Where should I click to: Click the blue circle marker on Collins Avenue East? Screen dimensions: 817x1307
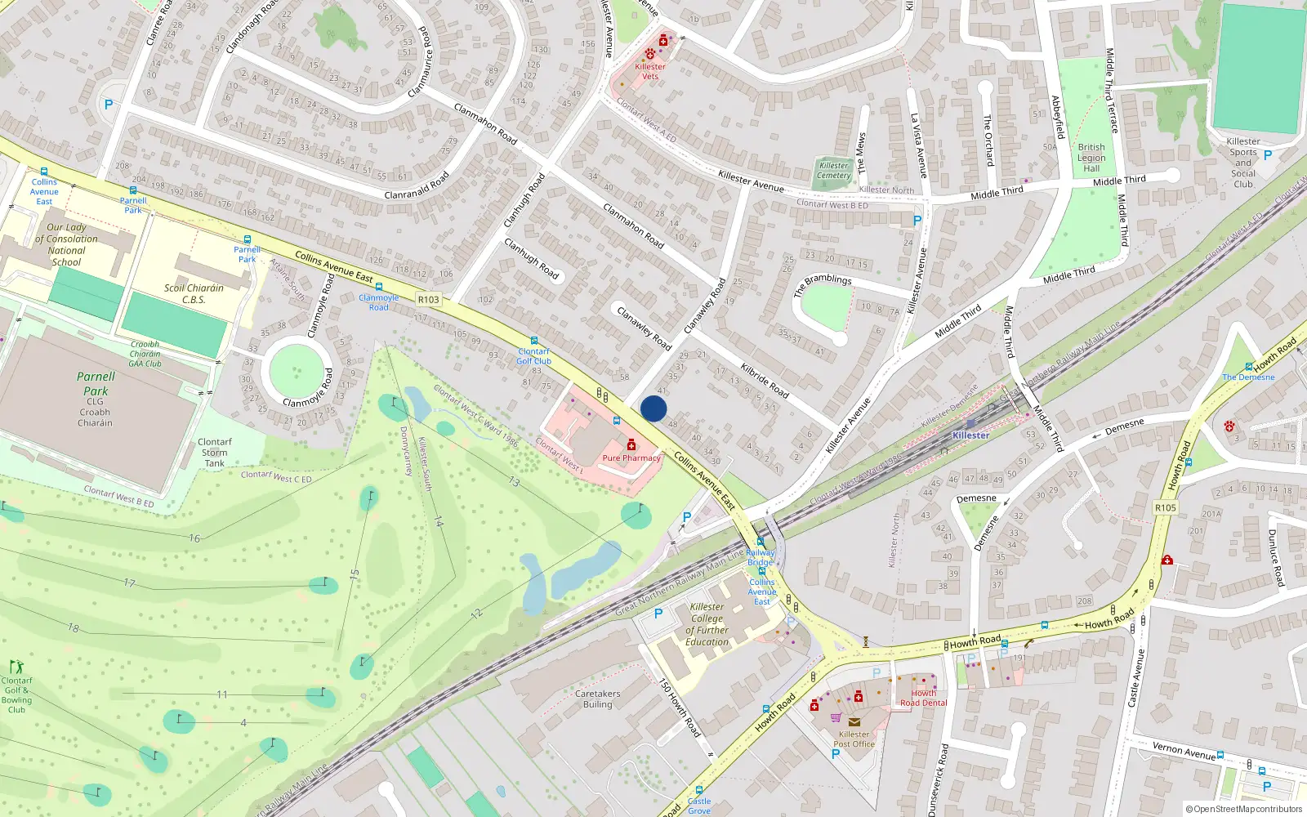click(653, 408)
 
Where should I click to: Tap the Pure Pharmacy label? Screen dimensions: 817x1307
click(631, 458)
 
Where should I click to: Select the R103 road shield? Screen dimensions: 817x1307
click(428, 300)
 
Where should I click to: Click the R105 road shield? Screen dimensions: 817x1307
click(1166, 508)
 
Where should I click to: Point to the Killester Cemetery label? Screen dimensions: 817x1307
click(833, 170)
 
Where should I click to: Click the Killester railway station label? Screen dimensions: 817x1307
click(970, 435)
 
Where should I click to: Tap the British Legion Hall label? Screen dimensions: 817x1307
click(1091, 158)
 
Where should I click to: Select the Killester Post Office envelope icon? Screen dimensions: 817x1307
click(854, 722)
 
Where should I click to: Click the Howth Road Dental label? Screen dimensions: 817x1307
click(923, 698)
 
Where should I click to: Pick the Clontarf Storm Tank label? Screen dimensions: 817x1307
click(215, 453)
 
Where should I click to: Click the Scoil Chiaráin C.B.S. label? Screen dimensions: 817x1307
click(194, 293)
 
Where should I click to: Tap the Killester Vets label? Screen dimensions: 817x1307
click(650, 72)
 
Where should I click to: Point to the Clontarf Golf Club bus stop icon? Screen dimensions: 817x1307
click(534, 341)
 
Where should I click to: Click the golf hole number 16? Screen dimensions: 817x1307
click(194, 538)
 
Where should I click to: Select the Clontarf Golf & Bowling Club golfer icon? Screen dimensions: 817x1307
click(16, 667)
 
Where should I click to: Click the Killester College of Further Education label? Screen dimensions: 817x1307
click(707, 624)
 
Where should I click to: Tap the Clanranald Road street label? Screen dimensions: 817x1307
click(417, 185)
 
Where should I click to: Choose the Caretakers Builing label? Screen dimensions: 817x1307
click(597, 699)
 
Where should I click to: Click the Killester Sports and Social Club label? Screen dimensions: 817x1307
click(1243, 163)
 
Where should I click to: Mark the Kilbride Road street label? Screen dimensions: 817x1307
click(765, 380)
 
